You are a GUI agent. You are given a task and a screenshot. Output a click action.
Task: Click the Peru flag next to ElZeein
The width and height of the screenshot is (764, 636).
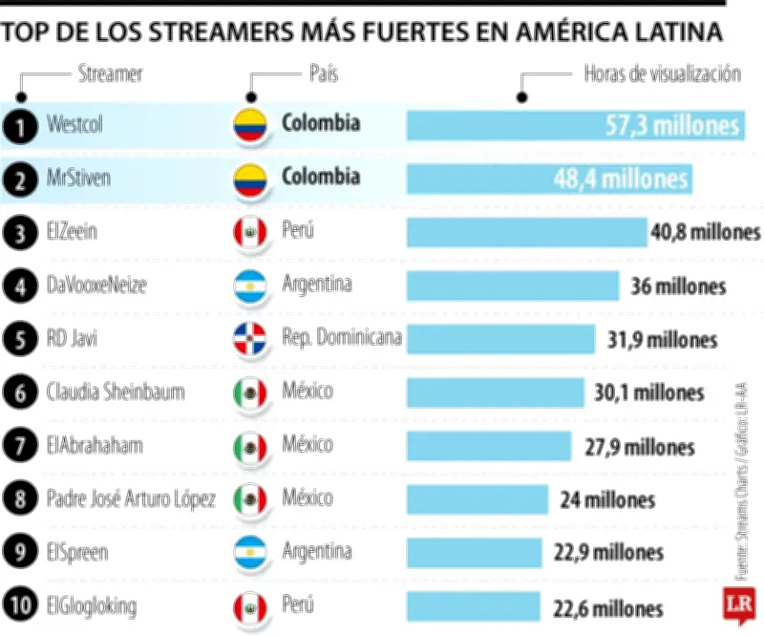[250, 232]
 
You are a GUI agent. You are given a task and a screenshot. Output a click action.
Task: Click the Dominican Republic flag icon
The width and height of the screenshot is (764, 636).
[250, 339]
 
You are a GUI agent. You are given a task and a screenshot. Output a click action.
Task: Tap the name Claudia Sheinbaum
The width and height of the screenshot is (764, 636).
[116, 392]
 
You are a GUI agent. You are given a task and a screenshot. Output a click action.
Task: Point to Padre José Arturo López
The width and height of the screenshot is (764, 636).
[131, 498]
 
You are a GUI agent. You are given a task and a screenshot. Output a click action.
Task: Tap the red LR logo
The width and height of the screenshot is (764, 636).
[738, 604]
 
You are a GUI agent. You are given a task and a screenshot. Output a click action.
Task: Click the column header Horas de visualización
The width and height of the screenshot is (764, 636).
[662, 74]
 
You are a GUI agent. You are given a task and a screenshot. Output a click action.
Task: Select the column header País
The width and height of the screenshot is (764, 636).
[324, 74]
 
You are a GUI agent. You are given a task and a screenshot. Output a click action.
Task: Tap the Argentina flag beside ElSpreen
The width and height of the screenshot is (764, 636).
[250, 553]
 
